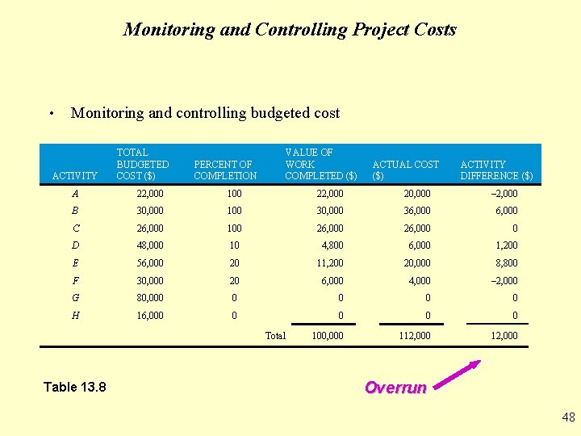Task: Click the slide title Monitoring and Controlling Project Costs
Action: [x=290, y=30]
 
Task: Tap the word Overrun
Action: [x=395, y=388]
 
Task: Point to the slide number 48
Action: [x=568, y=417]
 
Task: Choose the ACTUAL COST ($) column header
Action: [x=405, y=170]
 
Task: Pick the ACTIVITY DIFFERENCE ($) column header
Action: [x=496, y=170]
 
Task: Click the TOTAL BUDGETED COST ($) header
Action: [x=143, y=164]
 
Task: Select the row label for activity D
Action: [x=75, y=245]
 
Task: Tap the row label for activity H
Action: [x=75, y=316]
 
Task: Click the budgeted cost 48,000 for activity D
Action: [x=150, y=245]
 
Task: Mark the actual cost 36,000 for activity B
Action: [x=417, y=211]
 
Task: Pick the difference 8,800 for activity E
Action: [x=506, y=263]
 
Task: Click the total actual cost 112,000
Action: [x=415, y=335]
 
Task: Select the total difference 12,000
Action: [x=504, y=335]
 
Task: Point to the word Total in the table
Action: [x=275, y=335]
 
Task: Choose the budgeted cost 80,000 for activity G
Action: [x=150, y=298]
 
